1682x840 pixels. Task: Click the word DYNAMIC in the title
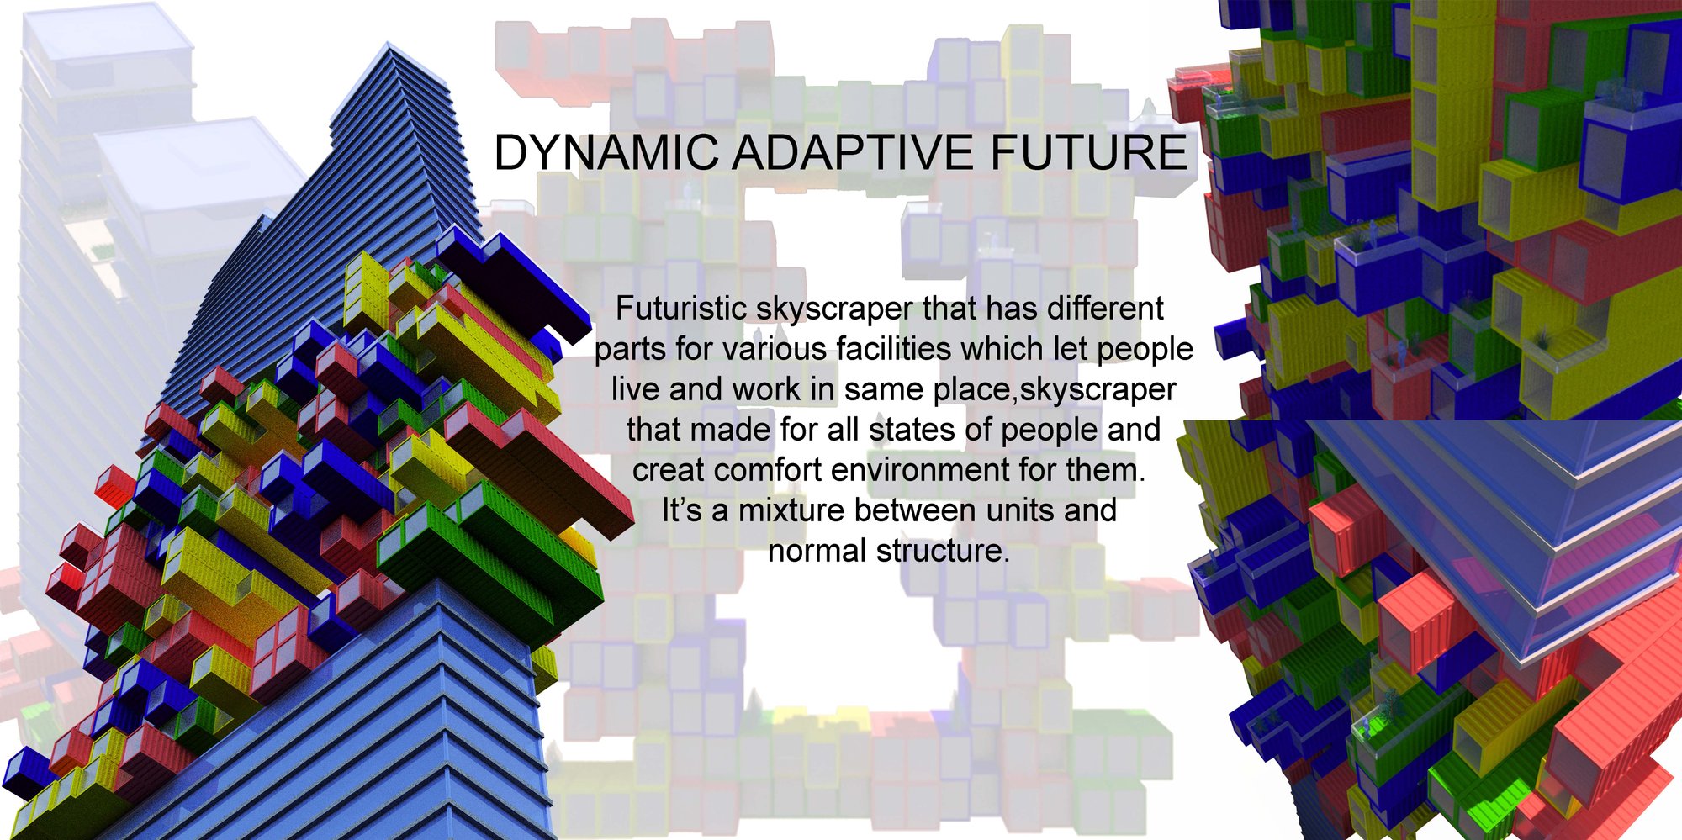[x=606, y=153]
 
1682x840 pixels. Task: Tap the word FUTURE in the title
[x=1088, y=153]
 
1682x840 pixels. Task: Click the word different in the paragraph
[x=1105, y=309]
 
